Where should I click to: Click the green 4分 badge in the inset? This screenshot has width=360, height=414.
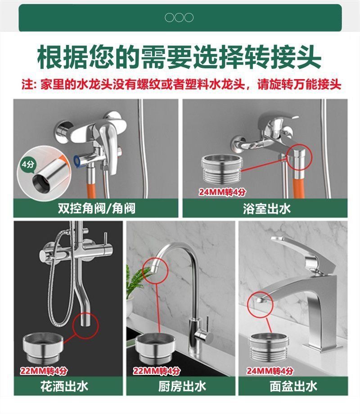(28, 165)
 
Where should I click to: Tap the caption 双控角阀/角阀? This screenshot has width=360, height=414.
(96, 208)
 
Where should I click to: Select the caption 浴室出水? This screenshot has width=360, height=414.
(267, 209)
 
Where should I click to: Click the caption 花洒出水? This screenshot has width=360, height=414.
(64, 386)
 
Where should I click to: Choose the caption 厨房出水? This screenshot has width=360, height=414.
(182, 386)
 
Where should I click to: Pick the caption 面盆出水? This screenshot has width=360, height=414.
(293, 386)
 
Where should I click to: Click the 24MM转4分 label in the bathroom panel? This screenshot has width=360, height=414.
(222, 192)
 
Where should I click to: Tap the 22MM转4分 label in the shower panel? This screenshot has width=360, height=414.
(44, 371)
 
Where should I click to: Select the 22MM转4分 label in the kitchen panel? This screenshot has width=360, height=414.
(156, 371)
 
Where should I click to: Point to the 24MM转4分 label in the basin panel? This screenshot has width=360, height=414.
(270, 371)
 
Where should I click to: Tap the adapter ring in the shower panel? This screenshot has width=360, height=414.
(43, 348)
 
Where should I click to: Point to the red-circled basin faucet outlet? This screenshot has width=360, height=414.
(261, 300)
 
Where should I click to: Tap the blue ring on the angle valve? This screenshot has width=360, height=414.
(77, 161)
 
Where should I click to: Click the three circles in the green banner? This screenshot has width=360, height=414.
(179, 18)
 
